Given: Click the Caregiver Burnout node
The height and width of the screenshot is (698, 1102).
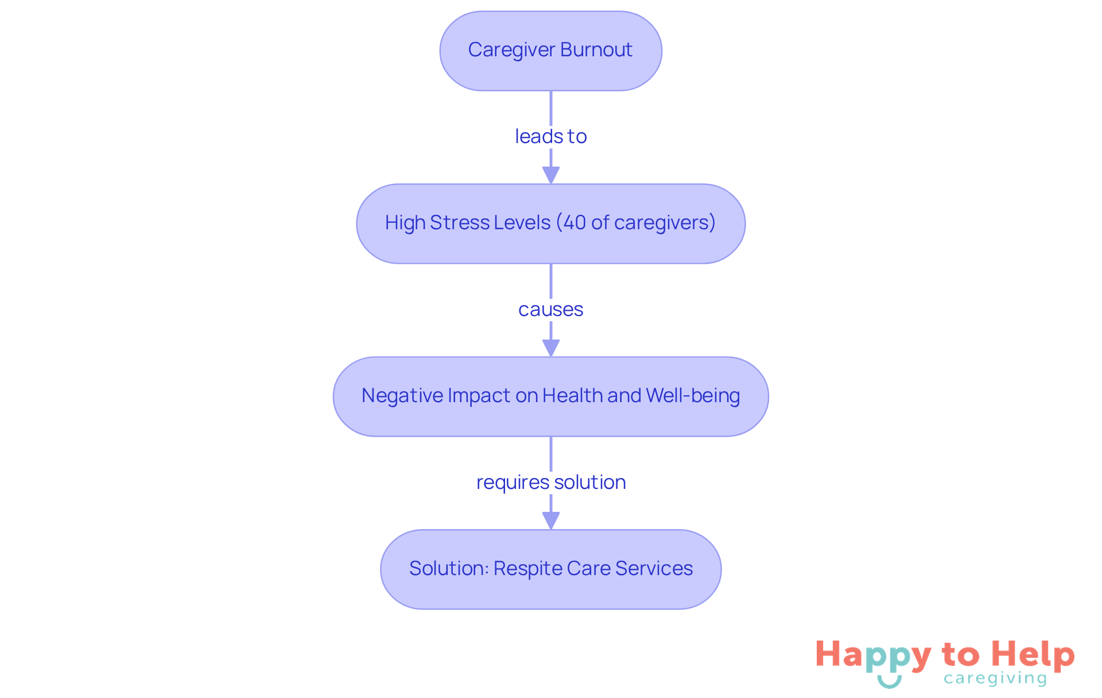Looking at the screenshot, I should [550, 51].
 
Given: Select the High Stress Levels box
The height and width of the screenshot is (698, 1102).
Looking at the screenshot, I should [550, 223].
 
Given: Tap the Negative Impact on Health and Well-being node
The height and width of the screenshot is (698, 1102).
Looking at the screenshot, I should [550, 396].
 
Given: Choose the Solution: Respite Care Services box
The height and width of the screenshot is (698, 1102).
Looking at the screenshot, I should [550, 569].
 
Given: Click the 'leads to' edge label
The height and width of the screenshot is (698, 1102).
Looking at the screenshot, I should [550, 137].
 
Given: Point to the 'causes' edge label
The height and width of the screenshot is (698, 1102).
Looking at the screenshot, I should [550, 310].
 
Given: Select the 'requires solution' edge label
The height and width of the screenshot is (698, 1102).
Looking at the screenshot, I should [550, 483].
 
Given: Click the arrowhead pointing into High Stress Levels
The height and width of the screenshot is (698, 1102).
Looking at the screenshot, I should [550, 175].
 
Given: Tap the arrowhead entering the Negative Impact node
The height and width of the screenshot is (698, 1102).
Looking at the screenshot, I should [550, 348].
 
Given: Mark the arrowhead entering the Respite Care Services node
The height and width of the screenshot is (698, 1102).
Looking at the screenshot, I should [550, 520].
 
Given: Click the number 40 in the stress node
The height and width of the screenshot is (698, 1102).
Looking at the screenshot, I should [575, 223].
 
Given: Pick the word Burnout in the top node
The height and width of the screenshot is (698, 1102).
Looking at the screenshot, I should [596, 50].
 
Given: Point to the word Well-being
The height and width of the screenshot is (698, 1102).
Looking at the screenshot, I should [693, 396].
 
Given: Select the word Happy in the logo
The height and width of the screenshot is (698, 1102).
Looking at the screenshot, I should [873, 655].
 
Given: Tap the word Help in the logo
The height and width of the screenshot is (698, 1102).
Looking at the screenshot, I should [1033, 654].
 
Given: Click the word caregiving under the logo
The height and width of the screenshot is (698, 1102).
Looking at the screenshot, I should [995, 678].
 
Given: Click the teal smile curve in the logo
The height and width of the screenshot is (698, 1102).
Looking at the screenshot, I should [889, 682].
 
